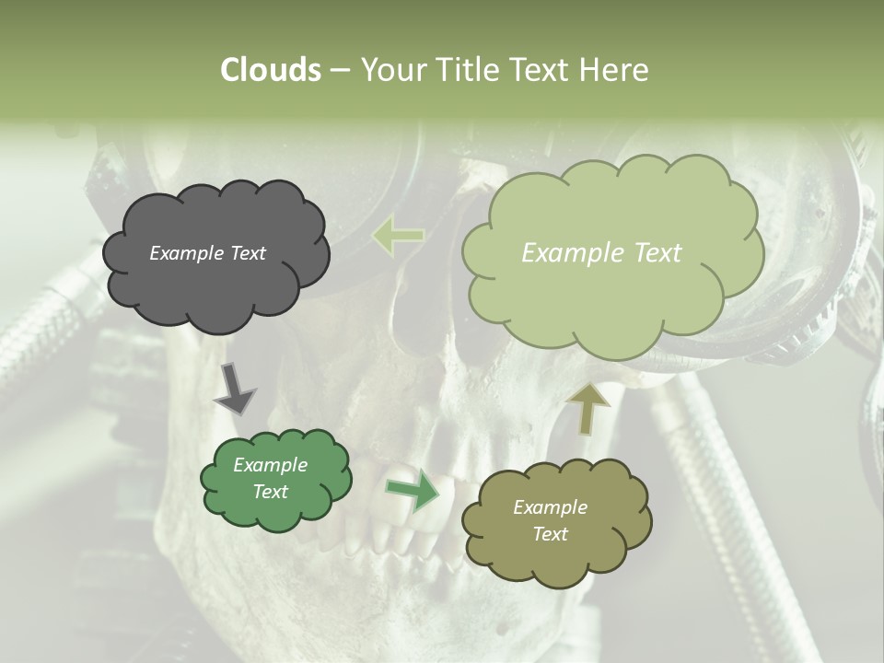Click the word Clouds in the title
pyautogui.click(x=271, y=70)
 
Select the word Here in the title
pyautogui.click(x=614, y=70)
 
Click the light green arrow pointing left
pyautogui.click(x=398, y=236)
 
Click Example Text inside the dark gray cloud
pyautogui.click(x=207, y=253)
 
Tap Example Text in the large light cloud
pyautogui.click(x=601, y=253)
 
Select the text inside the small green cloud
pyautogui.click(x=270, y=479)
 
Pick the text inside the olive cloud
pyautogui.click(x=550, y=520)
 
